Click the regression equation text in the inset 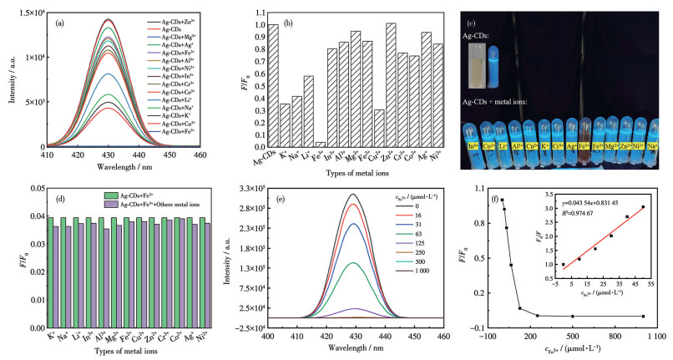coord(578,201)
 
